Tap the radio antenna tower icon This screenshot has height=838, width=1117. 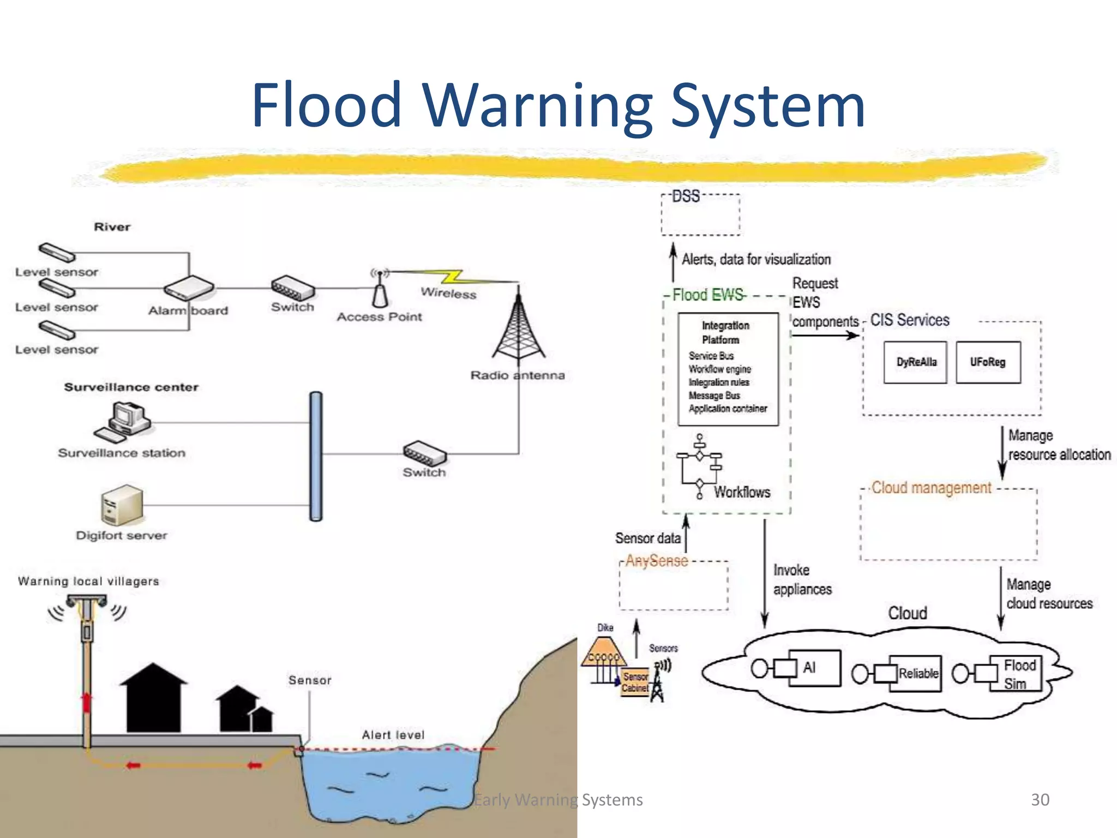click(518, 327)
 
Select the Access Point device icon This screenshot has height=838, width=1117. click(380, 289)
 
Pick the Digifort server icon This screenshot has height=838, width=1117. click(122, 505)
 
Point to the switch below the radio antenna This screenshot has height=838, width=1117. click(424, 452)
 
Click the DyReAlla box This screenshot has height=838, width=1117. click(916, 362)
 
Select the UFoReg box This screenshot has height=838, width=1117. click(988, 362)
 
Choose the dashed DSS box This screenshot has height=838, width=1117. click(700, 215)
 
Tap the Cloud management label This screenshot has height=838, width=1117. click(930, 487)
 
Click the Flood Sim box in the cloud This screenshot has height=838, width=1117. click(1016, 674)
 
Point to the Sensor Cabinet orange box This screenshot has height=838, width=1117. click(635, 682)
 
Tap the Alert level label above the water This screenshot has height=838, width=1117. click(393, 735)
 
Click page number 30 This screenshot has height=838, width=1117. click(1040, 799)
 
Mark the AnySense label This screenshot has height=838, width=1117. click(656, 561)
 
